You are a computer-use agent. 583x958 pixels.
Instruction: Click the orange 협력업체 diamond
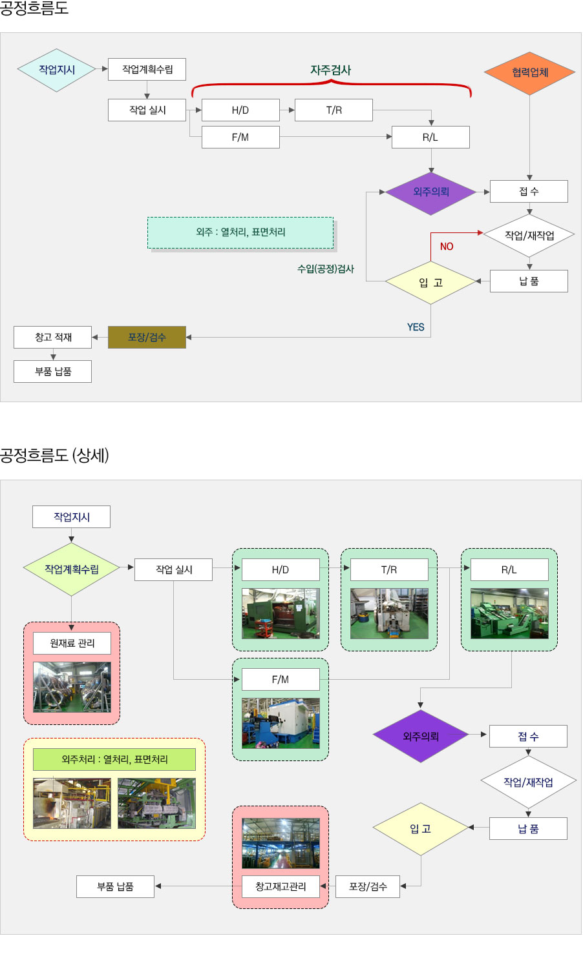point(529,72)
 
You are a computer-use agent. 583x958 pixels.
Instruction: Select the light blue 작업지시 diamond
point(57,70)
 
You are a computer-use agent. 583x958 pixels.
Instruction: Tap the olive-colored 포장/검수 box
point(147,337)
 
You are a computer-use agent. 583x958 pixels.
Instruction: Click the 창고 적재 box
point(53,337)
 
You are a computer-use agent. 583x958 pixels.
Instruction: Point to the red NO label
point(447,247)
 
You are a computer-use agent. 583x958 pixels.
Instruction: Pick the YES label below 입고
point(416,327)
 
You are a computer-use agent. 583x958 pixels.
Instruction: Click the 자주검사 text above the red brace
point(330,70)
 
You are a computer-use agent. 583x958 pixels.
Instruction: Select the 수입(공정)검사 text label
point(326,269)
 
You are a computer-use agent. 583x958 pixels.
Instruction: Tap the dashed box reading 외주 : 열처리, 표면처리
point(240,232)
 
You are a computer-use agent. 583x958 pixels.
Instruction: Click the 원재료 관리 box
point(72,643)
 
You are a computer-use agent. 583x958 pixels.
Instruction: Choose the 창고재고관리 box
point(281,886)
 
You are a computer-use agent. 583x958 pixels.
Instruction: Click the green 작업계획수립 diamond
point(72,569)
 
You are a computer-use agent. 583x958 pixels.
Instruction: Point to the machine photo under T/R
point(389,613)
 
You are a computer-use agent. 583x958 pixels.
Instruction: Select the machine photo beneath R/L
point(509,613)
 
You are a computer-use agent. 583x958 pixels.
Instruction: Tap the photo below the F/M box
point(281,723)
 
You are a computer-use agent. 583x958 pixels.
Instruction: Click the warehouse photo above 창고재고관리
point(281,843)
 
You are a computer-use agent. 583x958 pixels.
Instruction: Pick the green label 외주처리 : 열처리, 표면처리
point(114,759)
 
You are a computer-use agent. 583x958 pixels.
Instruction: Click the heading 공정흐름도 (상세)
point(54,456)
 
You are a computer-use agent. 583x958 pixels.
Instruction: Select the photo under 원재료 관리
point(72,688)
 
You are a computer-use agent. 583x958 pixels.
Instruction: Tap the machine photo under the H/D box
point(281,613)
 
